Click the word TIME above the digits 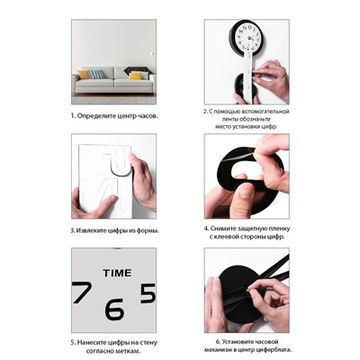click(117, 273)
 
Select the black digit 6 click(114, 309)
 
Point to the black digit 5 click(148, 292)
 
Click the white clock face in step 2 click(247, 38)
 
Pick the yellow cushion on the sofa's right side click(135, 76)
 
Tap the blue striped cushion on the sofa click(96, 74)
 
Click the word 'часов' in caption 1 click(148, 116)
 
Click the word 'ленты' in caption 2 click(220, 119)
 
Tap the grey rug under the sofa click(113, 100)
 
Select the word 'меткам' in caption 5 click(130, 351)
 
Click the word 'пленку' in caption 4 click(279, 229)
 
